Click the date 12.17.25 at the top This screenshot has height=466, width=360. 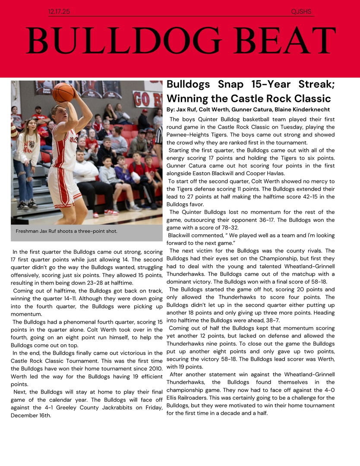[x=59, y=12]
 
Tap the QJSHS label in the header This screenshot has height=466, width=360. [x=301, y=12]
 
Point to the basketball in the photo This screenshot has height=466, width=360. [x=63, y=92]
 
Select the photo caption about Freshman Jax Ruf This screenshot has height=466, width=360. [x=66, y=231]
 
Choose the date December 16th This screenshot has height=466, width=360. [x=31, y=416]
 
